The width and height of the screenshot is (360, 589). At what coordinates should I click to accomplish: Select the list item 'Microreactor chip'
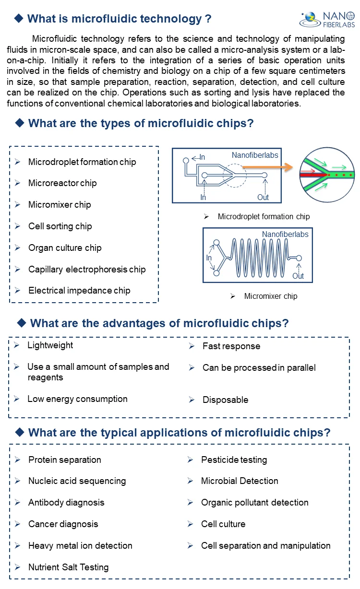click(62, 183)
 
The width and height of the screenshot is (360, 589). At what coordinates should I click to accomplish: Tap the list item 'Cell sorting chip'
click(60, 226)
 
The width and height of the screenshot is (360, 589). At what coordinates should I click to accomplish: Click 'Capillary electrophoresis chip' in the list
click(87, 270)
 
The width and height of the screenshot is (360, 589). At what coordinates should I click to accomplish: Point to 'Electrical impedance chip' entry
click(79, 291)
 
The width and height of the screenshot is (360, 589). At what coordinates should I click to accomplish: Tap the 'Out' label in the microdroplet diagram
click(263, 197)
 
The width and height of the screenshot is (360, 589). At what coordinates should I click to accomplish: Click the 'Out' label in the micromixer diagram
click(298, 276)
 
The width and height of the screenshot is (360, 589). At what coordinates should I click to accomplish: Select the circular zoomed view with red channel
click(326, 175)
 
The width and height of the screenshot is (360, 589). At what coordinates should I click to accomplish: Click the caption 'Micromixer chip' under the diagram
click(271, 296)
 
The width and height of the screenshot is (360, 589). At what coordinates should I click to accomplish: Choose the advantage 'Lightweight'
click(50, 345)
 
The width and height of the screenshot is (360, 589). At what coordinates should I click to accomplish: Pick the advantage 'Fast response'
click(231, 346)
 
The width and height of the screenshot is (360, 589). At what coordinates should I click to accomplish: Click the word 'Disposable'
click(226, 400)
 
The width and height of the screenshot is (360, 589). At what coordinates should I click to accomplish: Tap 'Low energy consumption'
click(77, 399)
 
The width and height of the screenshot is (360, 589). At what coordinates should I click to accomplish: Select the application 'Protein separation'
click(65, 460)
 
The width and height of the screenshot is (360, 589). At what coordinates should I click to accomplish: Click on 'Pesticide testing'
click(234, 460)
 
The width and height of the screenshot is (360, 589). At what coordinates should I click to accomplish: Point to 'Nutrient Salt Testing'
click(69, 567)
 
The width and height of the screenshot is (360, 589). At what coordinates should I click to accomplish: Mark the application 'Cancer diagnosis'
click(63, 524)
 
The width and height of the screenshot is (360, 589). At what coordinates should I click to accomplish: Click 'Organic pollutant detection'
click(255, 503)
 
